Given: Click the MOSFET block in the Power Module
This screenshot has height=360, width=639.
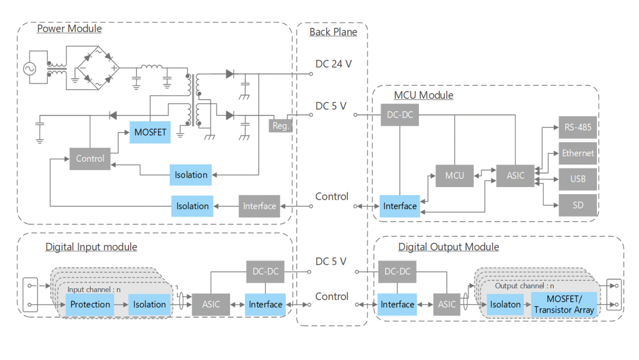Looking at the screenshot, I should pos(150,132).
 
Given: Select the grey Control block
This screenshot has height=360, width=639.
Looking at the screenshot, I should pos(90,159).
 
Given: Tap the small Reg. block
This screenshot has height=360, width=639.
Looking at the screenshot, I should pos(280,126).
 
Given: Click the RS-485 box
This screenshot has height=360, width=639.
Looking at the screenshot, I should pos(577,127).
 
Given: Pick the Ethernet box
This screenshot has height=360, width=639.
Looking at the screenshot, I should pos(577,153).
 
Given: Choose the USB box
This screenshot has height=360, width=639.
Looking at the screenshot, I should pos(577,179).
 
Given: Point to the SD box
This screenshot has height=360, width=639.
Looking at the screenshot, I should pos(577,205).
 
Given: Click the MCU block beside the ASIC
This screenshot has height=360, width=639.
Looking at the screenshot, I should pos(454,176).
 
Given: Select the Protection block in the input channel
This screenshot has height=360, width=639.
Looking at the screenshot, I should pos(90,304).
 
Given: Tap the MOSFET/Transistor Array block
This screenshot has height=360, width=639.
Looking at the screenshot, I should pos(563,304).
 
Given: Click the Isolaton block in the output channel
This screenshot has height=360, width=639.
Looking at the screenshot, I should pos(505,304).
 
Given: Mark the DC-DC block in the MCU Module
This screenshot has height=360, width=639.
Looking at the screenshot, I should pos(399,115).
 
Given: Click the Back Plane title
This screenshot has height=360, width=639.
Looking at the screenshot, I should pos(333,32).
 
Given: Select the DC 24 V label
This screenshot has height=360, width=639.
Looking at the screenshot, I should pos(333,64).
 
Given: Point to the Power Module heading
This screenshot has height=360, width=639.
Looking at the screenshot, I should pos(69,28).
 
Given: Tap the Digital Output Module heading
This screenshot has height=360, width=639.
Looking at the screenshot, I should pos(448,247).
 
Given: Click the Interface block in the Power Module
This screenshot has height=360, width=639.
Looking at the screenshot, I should pos(259,206).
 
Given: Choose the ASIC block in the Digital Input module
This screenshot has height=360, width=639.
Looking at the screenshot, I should pos(211,304).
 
